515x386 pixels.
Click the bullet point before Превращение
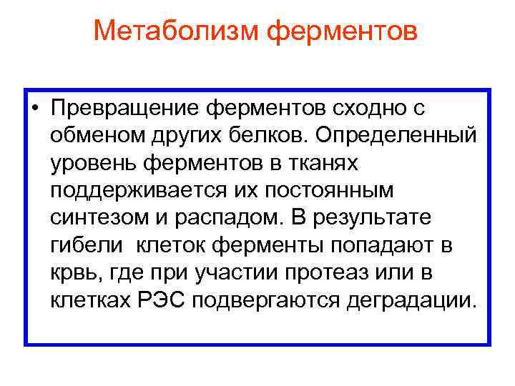pyautogui.click(x=34, y=109)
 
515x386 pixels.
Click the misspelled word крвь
pyautogui.click(x=72, y=271)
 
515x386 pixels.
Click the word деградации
pyautogui.click(x=410, y=297)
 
